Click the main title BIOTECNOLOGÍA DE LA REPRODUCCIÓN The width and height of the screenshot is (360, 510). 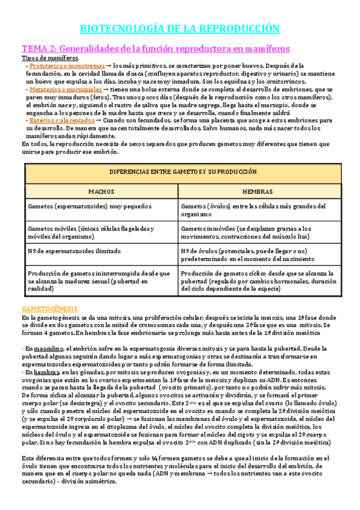[x=180, y=28]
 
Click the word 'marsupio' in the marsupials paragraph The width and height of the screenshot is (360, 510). [x=270, y=105]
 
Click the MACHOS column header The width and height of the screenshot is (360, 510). [x=101, y=191]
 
